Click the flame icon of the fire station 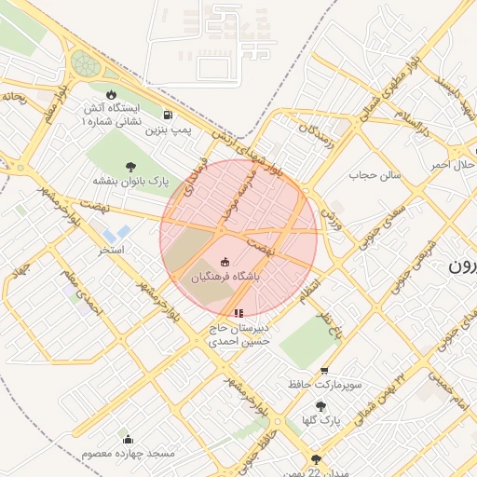112,94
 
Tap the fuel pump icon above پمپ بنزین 168,115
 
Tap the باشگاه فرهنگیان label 225,277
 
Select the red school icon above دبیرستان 238,313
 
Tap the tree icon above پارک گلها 321,406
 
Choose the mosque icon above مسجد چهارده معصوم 128,439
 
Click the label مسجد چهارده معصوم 128,453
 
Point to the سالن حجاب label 375,174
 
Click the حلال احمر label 452,165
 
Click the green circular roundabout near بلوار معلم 85,64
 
